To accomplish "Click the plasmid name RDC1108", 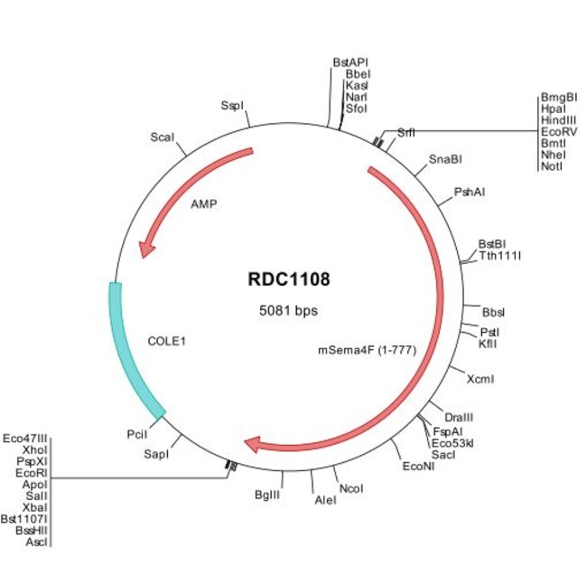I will (289, 279).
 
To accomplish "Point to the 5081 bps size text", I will (289, 310).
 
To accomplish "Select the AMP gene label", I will (203, 204).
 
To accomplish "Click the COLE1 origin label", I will (164, 342).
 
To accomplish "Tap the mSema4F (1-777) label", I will (366, 350).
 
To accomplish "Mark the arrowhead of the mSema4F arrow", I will (253, 444).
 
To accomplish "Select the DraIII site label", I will (460, 417).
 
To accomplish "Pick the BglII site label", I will (269, 496).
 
